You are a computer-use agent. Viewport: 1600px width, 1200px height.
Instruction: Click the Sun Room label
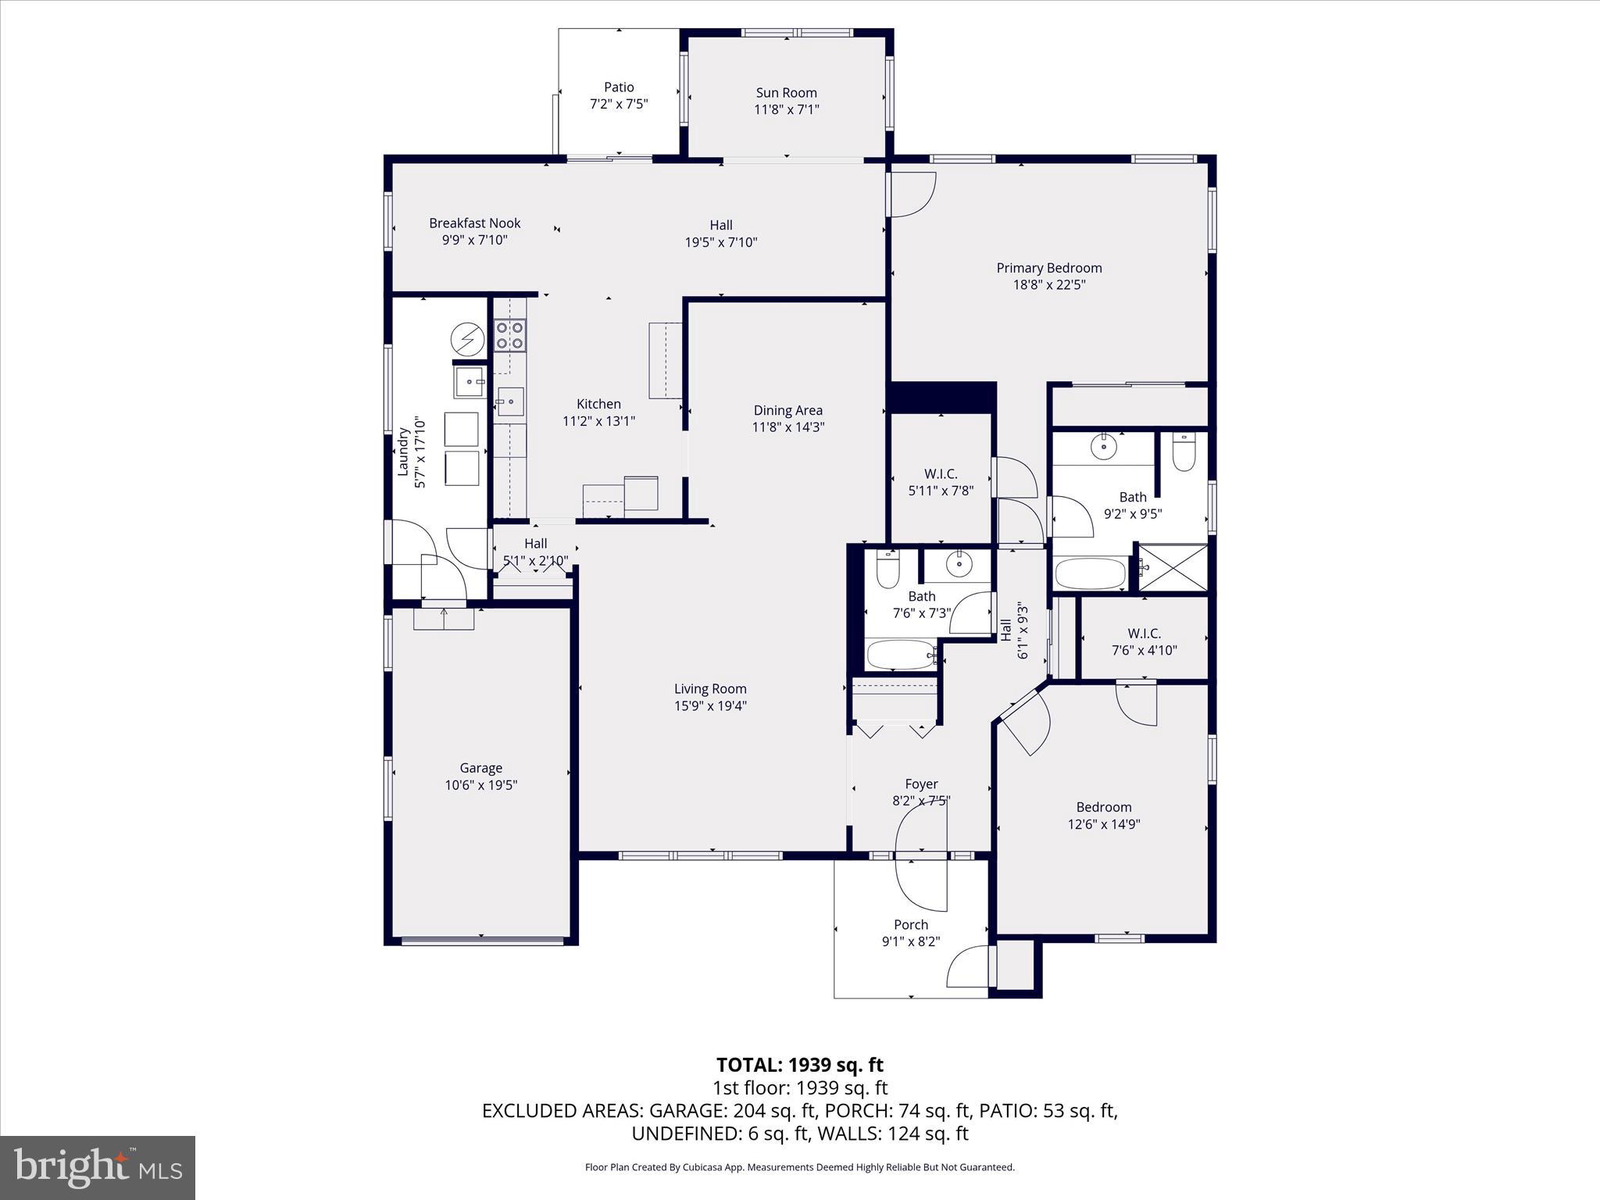[786, 93]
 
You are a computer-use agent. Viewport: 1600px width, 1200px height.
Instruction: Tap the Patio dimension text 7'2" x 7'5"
[618, 104]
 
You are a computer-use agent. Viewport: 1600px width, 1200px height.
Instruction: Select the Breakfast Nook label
[474, 223]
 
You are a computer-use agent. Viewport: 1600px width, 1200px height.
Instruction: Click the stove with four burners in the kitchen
[509, 335]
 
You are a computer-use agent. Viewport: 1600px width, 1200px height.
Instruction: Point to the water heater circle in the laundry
[467, 339]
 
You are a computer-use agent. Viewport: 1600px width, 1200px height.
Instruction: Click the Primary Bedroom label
[1048, 268]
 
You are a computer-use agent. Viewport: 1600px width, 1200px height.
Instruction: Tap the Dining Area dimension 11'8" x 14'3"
[787, 427]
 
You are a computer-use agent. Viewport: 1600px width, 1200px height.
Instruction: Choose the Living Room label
[710, 689]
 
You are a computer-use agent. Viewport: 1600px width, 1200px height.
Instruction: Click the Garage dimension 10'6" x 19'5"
[480, 785]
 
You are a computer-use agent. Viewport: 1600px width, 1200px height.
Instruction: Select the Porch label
[910, 925]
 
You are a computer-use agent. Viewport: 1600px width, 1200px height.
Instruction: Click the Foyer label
[920, 784]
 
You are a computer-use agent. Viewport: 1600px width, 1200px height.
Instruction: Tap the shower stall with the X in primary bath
[1173, 568]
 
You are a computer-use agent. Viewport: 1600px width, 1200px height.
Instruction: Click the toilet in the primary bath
[1184, 454]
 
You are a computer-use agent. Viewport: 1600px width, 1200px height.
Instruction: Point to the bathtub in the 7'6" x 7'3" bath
[900, 655]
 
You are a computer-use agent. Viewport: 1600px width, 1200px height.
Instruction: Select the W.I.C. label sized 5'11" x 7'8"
[940, 474]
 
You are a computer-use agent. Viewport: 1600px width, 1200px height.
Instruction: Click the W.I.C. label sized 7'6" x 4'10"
[1144, 634]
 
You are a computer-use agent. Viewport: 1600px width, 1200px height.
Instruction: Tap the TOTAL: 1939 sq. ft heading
[799, 1065]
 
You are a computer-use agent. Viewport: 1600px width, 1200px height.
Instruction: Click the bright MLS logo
[98, 1168]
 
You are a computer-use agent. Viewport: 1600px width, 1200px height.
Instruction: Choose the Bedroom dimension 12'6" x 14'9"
[1103, 824]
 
